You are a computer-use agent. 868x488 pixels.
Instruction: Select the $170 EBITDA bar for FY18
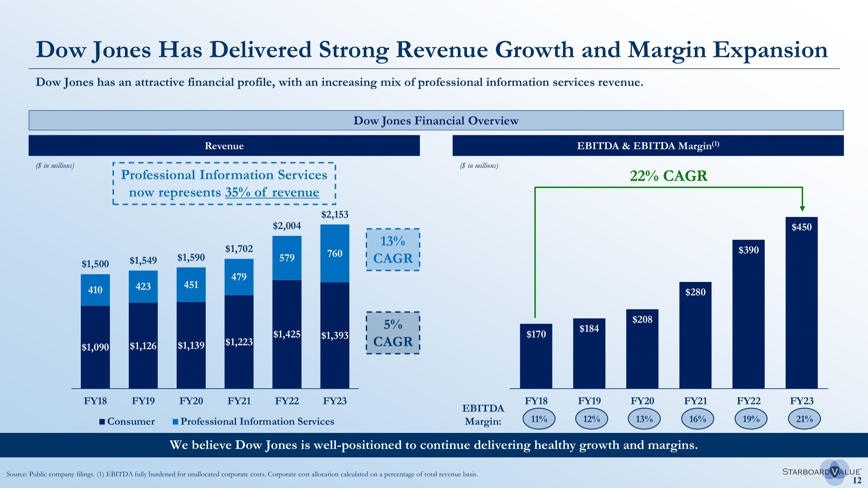pos(536,356)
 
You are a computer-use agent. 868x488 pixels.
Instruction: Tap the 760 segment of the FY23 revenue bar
pos(335,253)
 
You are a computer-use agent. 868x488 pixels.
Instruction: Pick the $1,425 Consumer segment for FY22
pos(286,334)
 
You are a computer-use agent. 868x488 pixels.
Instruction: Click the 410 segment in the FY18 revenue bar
pos(95,290)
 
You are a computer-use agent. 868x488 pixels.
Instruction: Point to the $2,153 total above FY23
pos(335,214)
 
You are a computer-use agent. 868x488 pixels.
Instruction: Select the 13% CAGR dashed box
pos(393,250)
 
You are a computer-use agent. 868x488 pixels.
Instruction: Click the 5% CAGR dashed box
pos(393,333)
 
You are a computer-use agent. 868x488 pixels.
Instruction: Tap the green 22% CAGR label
pos(668,176)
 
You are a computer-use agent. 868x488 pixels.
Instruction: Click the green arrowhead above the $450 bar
pos(802,208)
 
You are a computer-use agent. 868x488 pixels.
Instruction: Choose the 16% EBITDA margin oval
pos(697,419)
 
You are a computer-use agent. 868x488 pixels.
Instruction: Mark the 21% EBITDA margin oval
pos(804,419)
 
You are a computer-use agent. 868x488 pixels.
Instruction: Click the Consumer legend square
pos(102,422)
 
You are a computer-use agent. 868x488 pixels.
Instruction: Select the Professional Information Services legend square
pos(175,422)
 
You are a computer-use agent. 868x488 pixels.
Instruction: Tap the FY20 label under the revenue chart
pos(191,401)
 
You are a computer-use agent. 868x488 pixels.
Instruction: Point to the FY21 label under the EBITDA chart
pos(695,401)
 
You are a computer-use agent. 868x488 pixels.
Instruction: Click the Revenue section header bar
pos(224,146)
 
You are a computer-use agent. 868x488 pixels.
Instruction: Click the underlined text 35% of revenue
pos(272,192)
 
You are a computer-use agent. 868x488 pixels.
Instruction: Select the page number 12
pos(857,480)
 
